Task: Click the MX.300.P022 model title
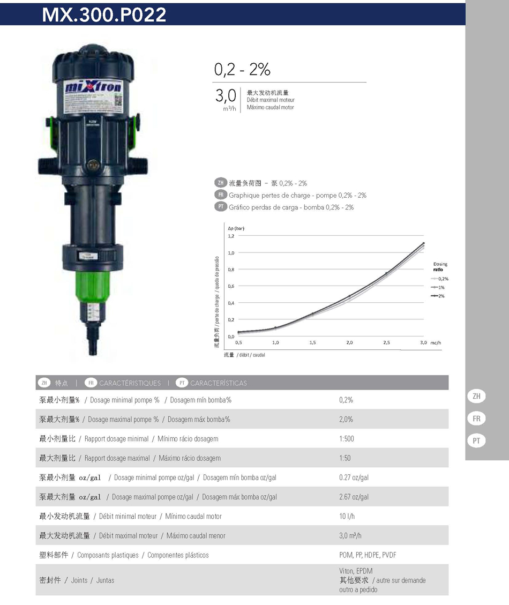point(104,14)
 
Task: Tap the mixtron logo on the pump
point(94,87)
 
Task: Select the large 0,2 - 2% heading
point(242,70)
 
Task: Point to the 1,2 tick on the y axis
point(231,236)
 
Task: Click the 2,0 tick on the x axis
point(349,342)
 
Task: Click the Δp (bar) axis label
point(236,228)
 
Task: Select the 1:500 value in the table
point(346,439)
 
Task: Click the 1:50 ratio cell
point(345,458)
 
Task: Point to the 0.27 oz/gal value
point(354,477)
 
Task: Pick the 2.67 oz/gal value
point(354,497)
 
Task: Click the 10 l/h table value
point(347,516)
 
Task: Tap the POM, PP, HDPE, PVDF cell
point(367,555)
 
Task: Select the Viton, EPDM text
point(355,571)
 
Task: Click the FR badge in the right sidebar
point(476,419)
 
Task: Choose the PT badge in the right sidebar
point(476,440)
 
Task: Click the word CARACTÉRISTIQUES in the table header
point(130,383)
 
